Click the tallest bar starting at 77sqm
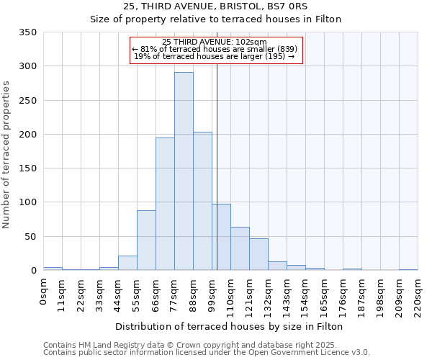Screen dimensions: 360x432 [x=184, y=171]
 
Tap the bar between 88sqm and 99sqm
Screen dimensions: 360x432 [x=202, y=201]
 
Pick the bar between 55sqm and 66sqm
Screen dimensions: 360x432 [x=146, y=240]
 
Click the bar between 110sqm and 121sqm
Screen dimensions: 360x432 [x=240, y=249]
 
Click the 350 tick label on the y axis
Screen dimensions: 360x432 [x=27, y=32]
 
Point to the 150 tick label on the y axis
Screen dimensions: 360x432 [x=27, y=168]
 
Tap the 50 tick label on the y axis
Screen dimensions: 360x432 [x=30, y=236]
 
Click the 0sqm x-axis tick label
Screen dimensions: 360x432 [x=44, y=292]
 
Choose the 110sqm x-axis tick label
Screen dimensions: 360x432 [x=231, y=294]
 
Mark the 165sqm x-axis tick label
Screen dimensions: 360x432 [x=325, y=294]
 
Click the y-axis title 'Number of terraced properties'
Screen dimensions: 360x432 [x=6, y=155]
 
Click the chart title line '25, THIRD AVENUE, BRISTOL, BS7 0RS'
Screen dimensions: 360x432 [x=215, y=6]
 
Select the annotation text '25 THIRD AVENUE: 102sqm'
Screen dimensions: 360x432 [x=215, y=42]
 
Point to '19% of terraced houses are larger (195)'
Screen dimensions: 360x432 [x=215, y=56]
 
